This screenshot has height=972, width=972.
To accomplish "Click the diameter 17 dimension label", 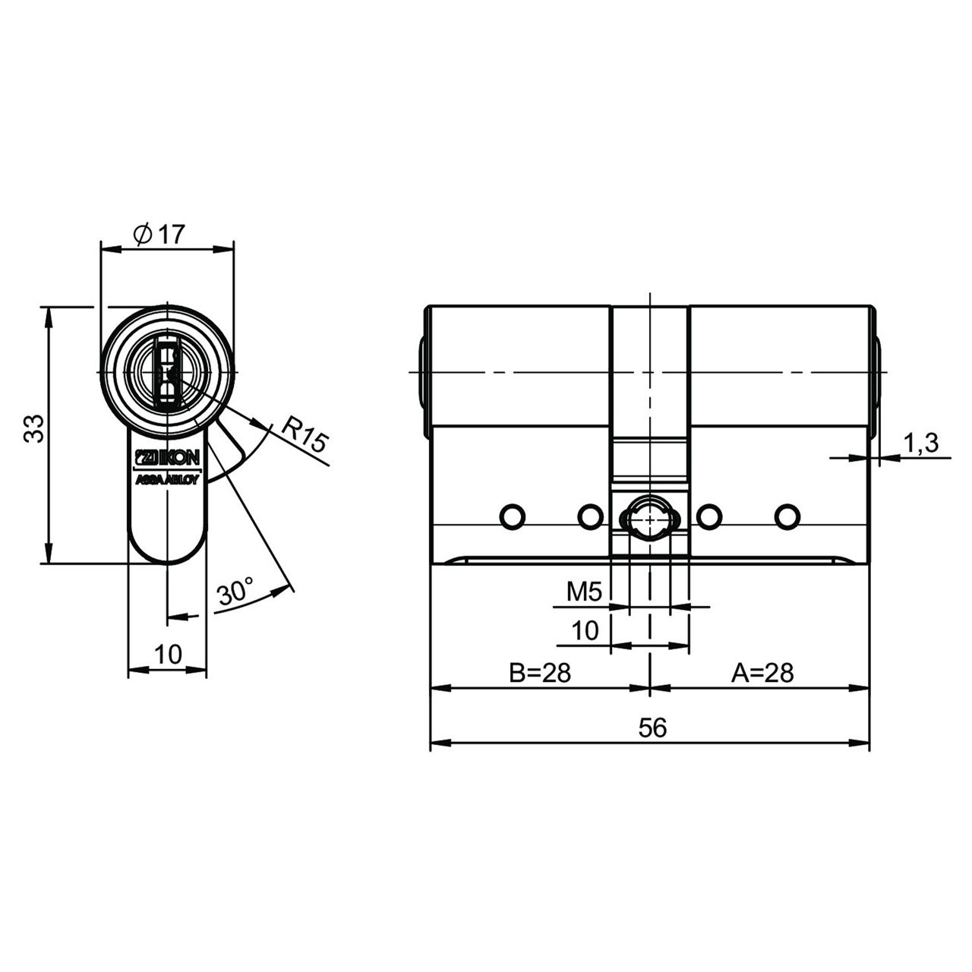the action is point(159,234).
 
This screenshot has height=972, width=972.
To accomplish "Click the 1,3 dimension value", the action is point(920,443).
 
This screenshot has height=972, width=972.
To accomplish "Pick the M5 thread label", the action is point(584,592).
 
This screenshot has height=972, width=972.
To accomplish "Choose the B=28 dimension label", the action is point(540,673).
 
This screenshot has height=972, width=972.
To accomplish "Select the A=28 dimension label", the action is point(762,673).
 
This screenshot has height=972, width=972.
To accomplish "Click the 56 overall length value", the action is point(653,728).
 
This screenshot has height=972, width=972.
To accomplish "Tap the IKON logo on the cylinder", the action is point(168,458).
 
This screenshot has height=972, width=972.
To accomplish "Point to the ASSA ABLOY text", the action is point(168,480).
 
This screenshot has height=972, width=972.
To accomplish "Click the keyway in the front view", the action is point(168,374).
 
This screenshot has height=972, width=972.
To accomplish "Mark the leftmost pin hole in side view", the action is point(512,517).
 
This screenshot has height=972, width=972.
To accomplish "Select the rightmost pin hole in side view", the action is point(787,517).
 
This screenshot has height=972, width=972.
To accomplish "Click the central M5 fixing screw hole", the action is point(650,518).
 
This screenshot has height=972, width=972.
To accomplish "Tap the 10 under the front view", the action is point(168,655).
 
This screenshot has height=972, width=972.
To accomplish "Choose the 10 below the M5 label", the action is point(585,630).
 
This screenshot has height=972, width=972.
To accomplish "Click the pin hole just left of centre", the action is point(590,517).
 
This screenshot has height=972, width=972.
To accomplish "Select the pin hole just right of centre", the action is point(709,517).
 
